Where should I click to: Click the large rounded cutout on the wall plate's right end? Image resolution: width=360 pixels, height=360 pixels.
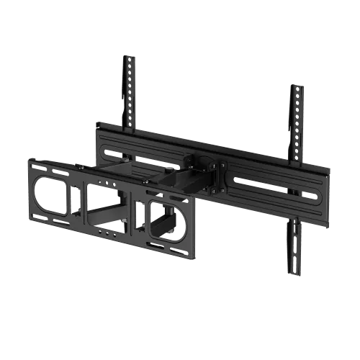(168, 220)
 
